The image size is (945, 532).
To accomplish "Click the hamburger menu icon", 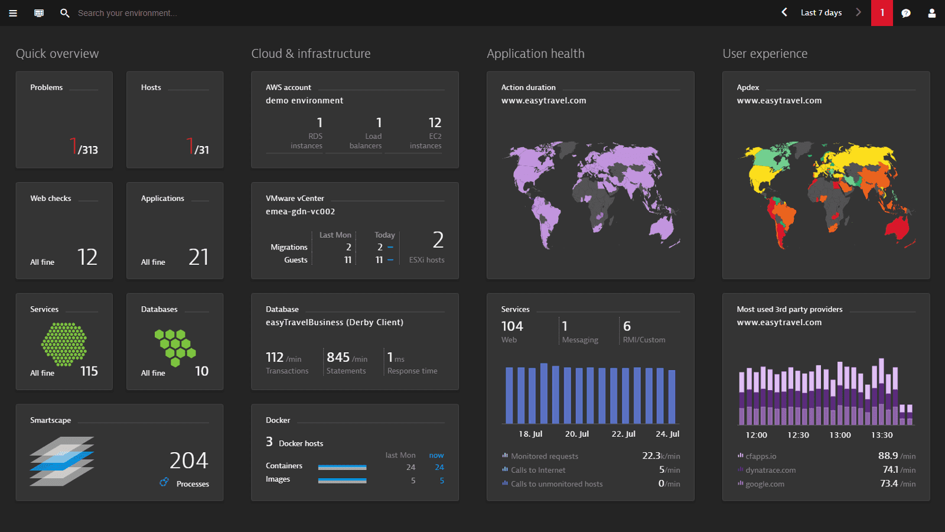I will [13, 13].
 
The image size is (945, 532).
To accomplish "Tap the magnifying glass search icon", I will [64, 13].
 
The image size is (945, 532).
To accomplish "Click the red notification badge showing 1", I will [882, 13].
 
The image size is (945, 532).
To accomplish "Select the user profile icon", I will [932, 13].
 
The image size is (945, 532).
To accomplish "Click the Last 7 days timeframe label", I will [821, 13].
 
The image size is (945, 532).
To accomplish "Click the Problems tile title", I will [47, 87].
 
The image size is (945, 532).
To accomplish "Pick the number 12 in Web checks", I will [87, 257].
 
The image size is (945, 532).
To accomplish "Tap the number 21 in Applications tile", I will [198, 257].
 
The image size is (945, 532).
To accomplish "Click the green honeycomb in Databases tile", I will [175, 347].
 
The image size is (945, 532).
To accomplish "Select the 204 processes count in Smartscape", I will [188, 460].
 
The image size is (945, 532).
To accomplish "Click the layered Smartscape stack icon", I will [62, 462].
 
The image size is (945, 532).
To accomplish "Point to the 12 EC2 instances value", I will [435, 123].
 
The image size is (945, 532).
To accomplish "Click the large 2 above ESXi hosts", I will [438, 240].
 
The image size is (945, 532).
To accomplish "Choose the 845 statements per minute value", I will [338, 358].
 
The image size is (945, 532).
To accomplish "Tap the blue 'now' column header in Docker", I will [436, 455].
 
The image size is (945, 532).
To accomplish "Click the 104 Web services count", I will [512, 326].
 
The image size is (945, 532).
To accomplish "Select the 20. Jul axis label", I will [577, 434].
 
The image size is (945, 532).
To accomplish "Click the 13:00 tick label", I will [840, 435].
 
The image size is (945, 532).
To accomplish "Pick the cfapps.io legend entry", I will [761, 456].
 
